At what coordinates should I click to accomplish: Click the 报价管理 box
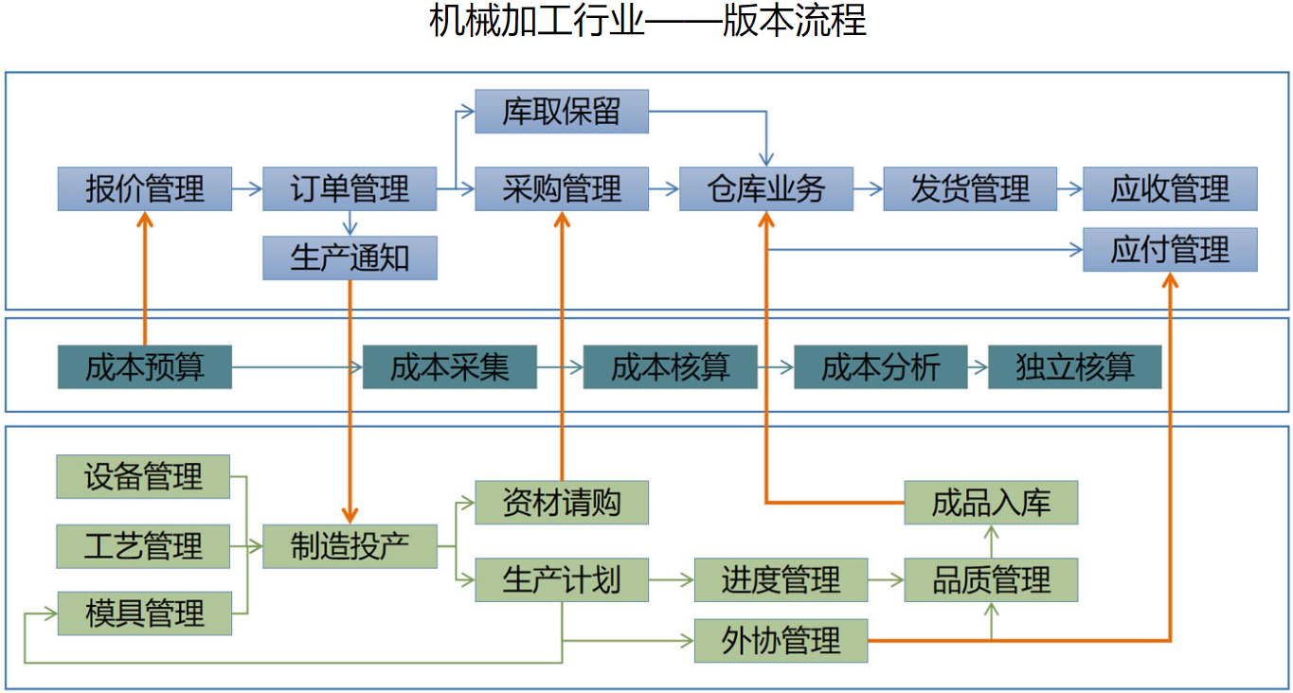tap(144, 188)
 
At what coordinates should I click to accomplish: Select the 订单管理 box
tap(350, 188)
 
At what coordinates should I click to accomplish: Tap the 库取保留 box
tap(562, 112)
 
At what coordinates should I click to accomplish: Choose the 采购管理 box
tap(562, 188)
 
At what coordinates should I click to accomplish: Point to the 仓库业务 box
tap(765, 188)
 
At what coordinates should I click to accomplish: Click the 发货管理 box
tap(970, 188)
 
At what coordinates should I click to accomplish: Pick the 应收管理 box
tap(1170, 188)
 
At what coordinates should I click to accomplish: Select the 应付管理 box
tap(1170, 250)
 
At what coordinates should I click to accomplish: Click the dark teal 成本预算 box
tap(144, 367)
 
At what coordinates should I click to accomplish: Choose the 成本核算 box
tap(670, 367)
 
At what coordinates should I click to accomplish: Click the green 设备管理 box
tap(143, 476)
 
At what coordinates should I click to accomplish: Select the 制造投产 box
tap(350, 546)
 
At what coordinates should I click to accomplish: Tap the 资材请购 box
tap(562, 502)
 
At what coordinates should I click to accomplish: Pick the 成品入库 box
tap(991, 502)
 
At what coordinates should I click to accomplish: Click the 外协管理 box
tap(781, 641)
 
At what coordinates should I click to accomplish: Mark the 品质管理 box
tap(991, 579)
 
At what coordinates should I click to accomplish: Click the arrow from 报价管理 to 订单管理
tap(247, 189)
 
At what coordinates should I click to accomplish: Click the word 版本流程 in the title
tap(794, 21)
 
